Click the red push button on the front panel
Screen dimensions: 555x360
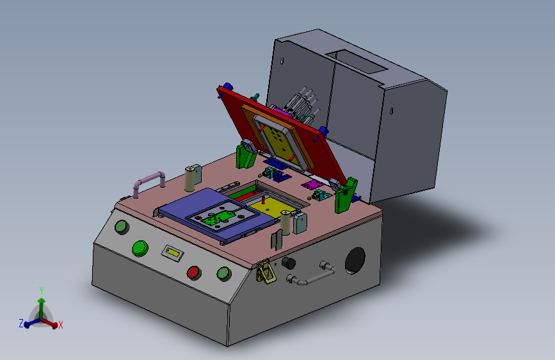click(193, 273)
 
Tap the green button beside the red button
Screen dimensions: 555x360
click(223, 274)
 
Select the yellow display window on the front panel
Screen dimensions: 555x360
click(172, 252)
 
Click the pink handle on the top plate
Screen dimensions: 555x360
click(149, 182)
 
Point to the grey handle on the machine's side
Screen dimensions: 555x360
click(310, 274)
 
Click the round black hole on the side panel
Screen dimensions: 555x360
click(355, 261)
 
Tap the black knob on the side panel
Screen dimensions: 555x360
click(289, 263)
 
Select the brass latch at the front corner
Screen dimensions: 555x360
click(265, 272)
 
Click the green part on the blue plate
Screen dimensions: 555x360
click(216, 217)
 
